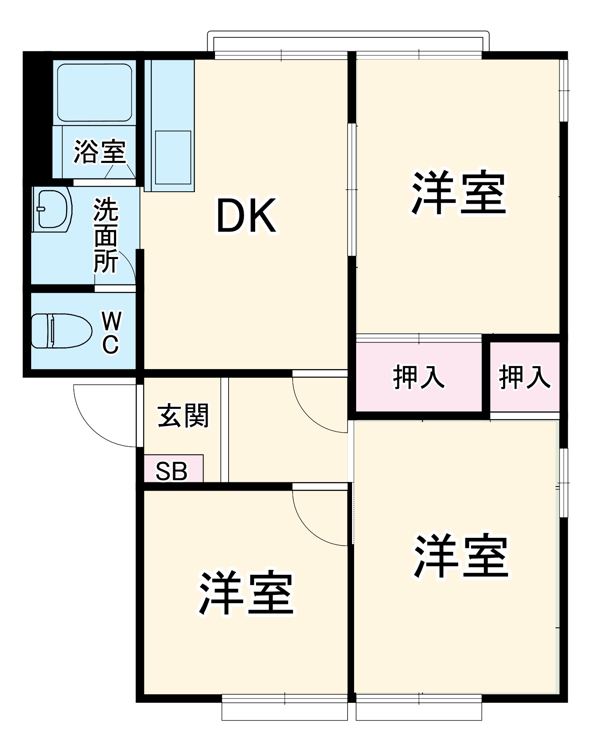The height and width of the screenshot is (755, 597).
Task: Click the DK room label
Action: (x=246, y=216)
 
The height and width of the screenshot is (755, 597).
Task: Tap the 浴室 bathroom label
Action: (x=100, y=152)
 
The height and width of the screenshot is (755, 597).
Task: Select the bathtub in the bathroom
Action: (x=94, y=92)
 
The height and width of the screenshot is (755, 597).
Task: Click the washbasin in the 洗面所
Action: (x=53, y=209)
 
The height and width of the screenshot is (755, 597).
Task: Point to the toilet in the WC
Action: (x=61, y=330)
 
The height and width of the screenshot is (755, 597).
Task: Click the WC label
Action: (x=111, y=333)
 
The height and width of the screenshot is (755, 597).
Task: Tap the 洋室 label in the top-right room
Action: (x=458, y=193)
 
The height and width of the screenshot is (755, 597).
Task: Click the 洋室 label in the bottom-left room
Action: (x=246, y=593)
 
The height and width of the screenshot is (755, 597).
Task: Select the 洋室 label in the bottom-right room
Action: (x=461, y=556)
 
